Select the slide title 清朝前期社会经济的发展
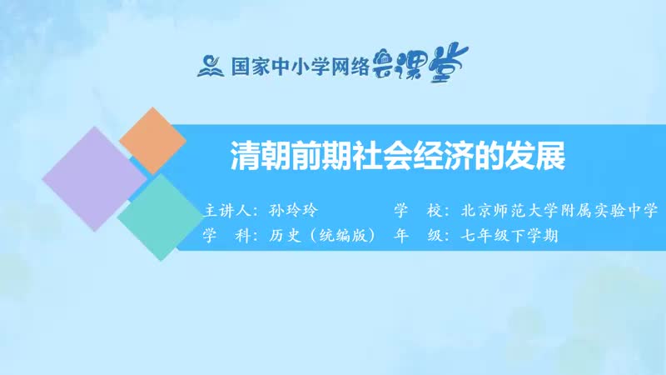(x=398, y=156)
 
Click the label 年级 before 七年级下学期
(x=418, y=236)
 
